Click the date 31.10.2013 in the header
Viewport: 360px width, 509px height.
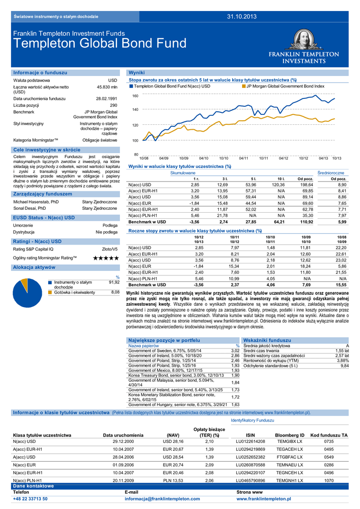click(x=242, y=17)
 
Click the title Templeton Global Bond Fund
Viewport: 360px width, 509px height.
click(x=100, y=43)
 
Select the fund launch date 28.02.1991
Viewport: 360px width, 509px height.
click(x=106, y=98)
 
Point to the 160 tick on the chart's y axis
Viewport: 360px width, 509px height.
click(x=135, y=95)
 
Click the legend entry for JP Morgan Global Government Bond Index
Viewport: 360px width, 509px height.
click(x=285, y=86)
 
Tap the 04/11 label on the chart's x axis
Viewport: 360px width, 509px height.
click(x=244, y=158)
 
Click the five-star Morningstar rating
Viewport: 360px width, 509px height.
click(x=106, y=258)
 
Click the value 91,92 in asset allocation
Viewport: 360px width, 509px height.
click(x=114, y=282)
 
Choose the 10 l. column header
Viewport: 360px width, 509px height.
click(x=281, y=178)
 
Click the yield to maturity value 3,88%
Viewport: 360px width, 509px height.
click(x=343, y=360)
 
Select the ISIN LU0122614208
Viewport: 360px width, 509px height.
click(x=250, y=441)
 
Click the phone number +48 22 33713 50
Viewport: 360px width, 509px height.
click(x=30, y=499)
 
